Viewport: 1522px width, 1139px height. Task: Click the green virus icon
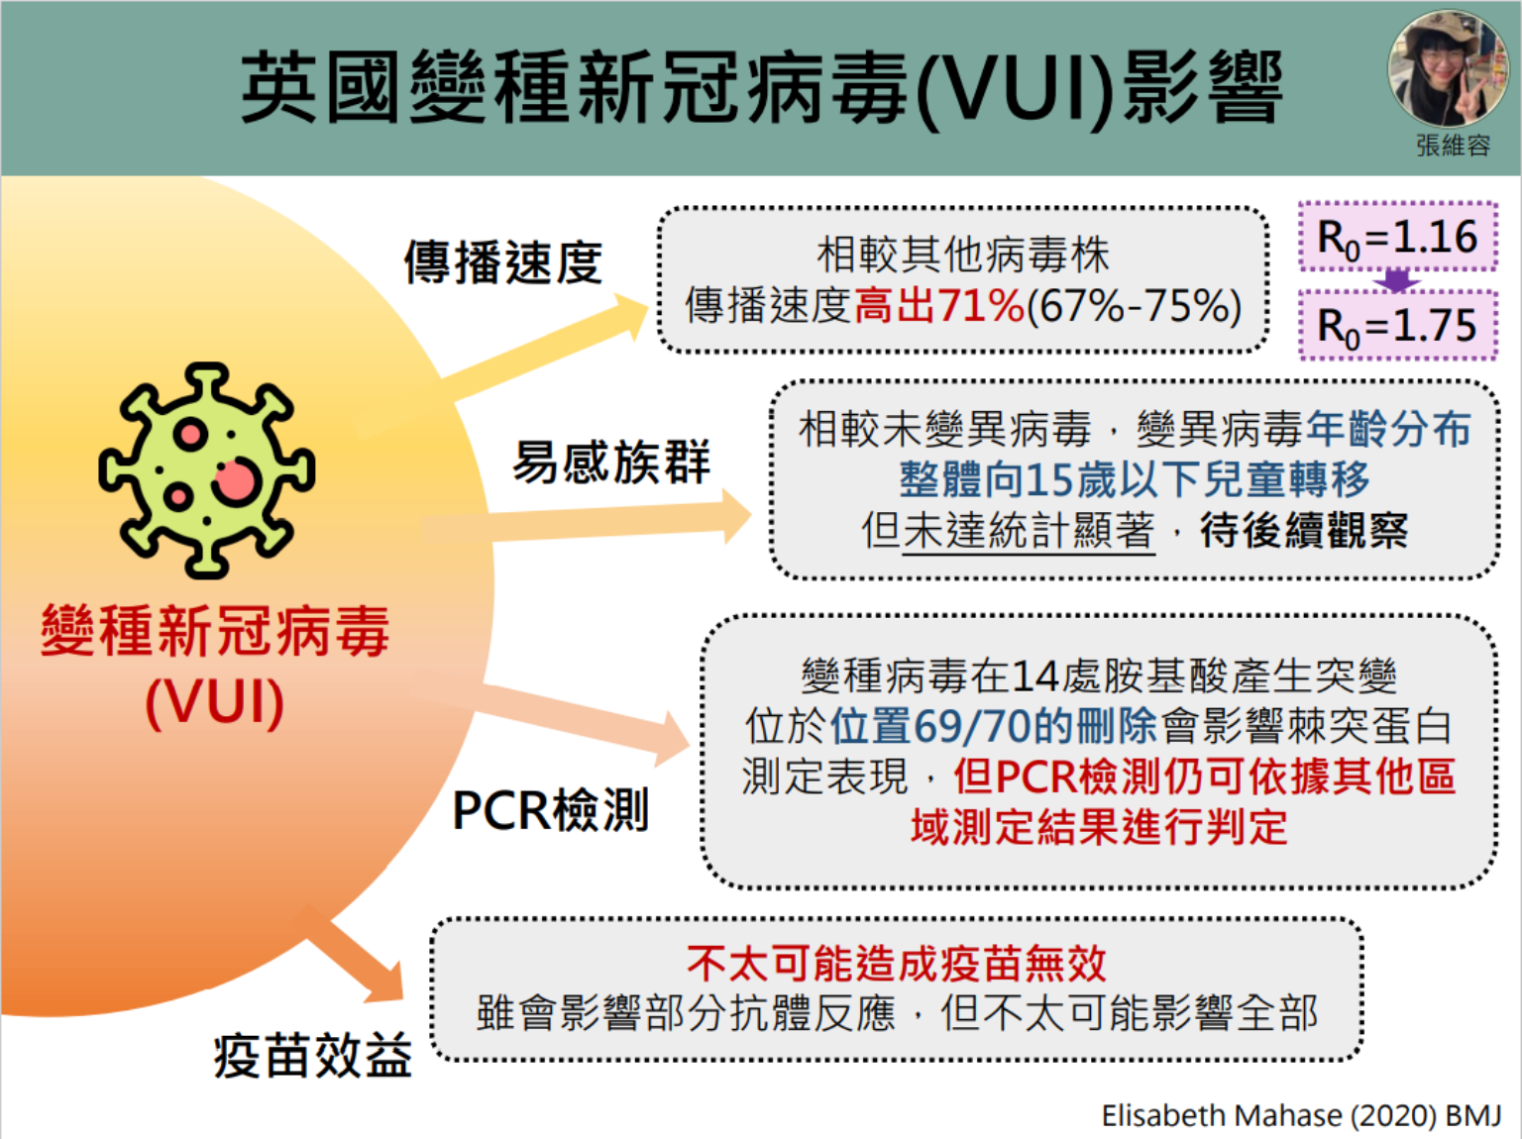coord(207,469)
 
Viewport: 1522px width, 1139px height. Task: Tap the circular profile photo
coord(1449,68)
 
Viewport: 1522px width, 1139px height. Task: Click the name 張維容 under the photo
coord(1453,146)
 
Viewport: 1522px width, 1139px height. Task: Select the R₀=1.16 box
coord(1397,237)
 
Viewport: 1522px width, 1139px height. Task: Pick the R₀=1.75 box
coord(1397,325)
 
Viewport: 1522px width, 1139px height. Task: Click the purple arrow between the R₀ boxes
coord(1397,281)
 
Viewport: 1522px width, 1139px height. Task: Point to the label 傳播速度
coord(503,263)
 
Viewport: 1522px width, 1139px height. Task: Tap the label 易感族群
coord(611,462)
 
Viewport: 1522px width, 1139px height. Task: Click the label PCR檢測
coord(551,810)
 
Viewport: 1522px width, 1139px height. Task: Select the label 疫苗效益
coord(313,1055)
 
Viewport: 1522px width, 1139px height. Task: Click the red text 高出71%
coord(938,306)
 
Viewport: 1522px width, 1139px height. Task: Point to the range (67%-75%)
coord(1134,306)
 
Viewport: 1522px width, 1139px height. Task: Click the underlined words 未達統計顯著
coord(1029,531)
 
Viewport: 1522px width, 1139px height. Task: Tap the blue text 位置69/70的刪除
coord(993,726)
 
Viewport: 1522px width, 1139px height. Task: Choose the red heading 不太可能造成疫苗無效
coord(896,962)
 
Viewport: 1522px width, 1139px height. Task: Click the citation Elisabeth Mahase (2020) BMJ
coord(1301,1116)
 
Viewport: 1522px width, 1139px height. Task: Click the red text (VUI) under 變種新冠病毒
coord(215,702)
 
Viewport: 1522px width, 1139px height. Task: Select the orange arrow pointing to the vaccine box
coord(357,957)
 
